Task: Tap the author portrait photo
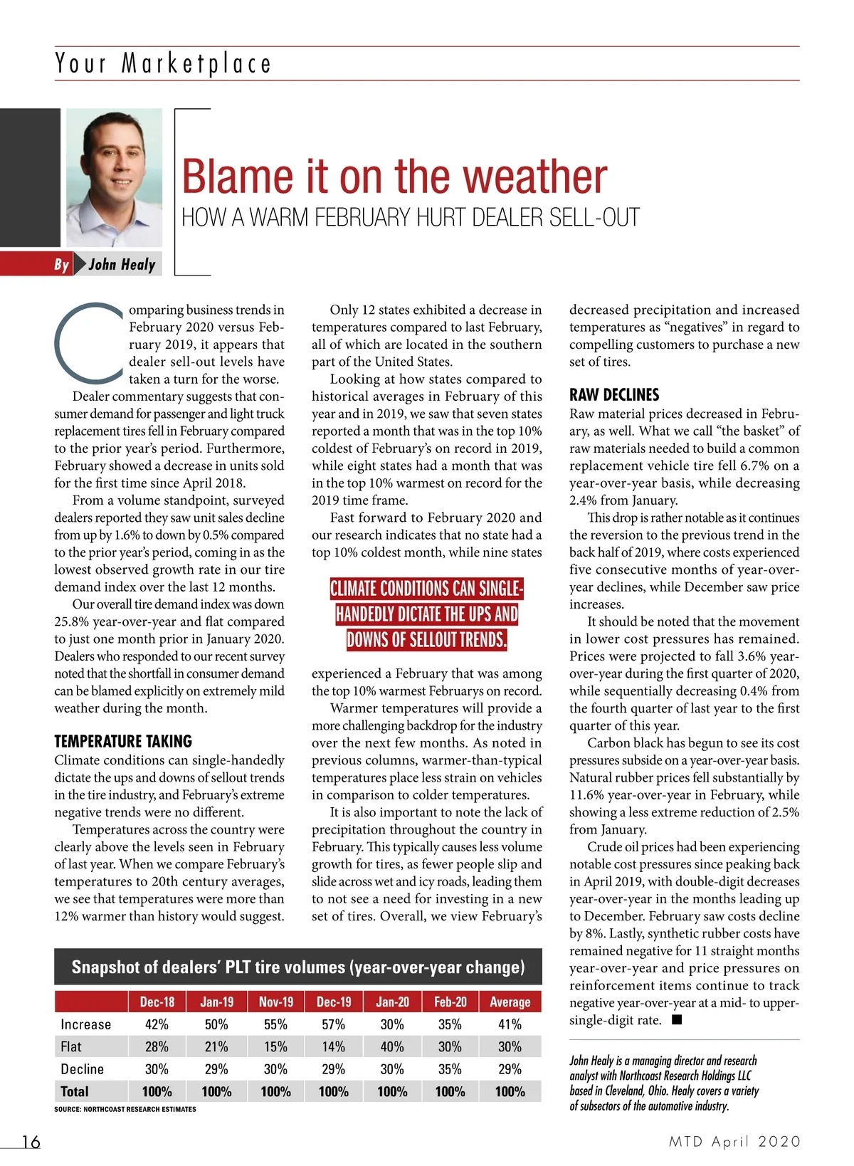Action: pos(114,178)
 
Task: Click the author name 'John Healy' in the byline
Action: pos(122,265)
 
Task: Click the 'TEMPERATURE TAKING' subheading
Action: pos(122,741)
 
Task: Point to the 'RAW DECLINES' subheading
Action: pos(613,395)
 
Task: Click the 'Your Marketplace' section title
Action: pos(163,63)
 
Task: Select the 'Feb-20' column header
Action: pos(450,1002)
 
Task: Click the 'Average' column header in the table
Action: pos(510,1002)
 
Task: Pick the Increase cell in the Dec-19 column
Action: pos(333,1024)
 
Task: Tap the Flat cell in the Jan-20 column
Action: pos(392,1046)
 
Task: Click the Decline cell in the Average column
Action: pos(510,1069)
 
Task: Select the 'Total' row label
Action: pos(75,1091)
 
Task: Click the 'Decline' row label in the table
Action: pos(82,1069)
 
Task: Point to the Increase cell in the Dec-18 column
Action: pos(157,1024)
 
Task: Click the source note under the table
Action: pos(125,1109)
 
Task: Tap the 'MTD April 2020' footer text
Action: pos(734,1142)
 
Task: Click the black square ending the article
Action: pos(677,1020)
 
